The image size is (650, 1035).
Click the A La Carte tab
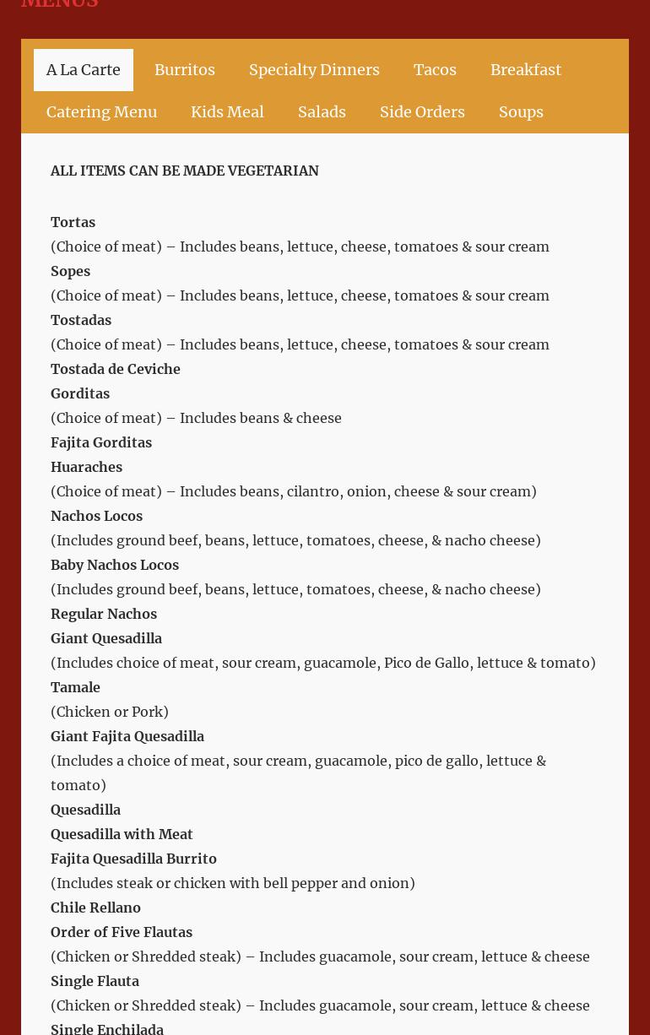[83, 70]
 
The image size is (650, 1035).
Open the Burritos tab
[184, 70]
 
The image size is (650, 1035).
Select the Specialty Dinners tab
[314, 70]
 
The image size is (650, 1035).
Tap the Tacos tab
[435, 70]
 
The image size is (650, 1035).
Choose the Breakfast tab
[525, 70]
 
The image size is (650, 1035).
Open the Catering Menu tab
[101, 112]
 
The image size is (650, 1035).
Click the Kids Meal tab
[227, 112]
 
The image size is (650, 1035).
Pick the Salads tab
[322, 112]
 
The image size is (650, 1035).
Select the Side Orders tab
[422, 112]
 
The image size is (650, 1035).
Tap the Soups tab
[521, 112]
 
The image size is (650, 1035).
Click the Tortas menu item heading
[73, 222]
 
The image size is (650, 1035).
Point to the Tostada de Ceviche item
[116, 369]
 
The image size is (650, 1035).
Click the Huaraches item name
[86, 467]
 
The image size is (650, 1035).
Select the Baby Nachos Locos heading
[115, 565]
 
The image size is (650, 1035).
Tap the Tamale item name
[75, 687]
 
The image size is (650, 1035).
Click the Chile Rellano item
[95, 908]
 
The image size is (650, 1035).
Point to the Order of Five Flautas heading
[122, 932]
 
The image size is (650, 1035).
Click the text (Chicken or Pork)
[110, 712]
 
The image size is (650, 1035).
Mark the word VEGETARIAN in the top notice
[274, 171]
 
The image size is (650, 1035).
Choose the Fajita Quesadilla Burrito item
[133, 859]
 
